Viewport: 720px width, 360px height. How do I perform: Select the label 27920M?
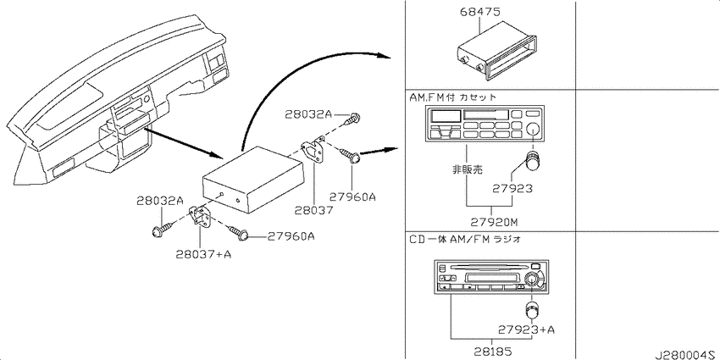[x=494, y=222]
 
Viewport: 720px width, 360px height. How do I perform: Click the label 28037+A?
[x=203, y=254]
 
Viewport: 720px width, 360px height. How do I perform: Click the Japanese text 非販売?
[x=468, y=169]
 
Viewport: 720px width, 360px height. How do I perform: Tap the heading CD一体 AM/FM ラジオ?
[x=465, y=239]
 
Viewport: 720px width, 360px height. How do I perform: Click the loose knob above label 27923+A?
[x=532, y=310]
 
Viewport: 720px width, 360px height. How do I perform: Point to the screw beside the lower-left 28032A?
[x=163, y=230]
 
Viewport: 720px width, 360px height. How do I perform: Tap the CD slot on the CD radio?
[x=488, y=267]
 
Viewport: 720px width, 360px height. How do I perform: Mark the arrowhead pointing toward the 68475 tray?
[x=385, y=56]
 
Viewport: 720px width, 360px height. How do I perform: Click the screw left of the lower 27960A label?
[x=239, y=233]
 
